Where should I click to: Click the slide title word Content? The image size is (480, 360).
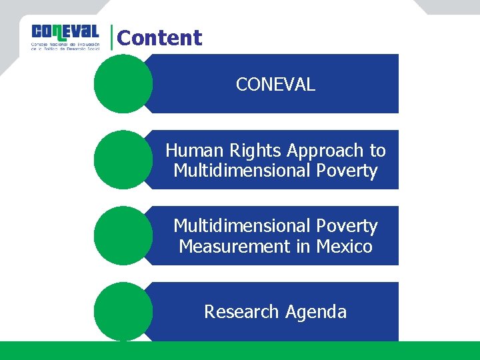159,38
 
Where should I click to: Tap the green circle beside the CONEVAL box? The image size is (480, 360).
123,84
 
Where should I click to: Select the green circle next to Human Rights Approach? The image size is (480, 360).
123,160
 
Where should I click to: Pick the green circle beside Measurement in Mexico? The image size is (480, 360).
123,236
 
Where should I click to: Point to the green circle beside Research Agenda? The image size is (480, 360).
123,312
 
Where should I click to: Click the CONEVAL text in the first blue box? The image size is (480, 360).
275,85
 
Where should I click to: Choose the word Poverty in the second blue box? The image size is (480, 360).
347,171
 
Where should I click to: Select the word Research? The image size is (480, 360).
242,312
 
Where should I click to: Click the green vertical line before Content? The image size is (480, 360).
112,38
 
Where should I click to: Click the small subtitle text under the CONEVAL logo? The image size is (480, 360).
65,47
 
